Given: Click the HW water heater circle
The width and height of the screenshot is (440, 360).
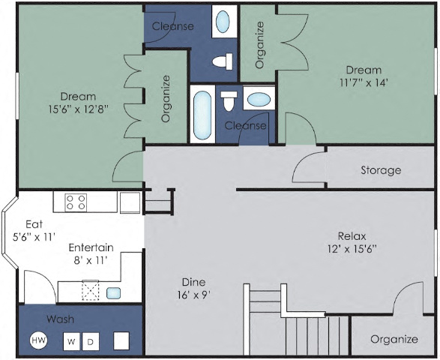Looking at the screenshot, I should click(37, 341).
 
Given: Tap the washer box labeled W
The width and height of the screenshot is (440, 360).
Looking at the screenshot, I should click(71, 342).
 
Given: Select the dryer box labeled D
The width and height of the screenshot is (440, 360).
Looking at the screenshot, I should click(90, 342).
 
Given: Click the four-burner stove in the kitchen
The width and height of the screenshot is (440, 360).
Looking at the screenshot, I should click(75, 202).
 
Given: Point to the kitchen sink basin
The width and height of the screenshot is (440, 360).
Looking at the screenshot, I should click(113, 293).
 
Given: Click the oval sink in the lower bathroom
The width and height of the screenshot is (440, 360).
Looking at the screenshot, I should click(259, 100).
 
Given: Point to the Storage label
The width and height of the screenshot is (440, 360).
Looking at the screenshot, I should click(380, 170).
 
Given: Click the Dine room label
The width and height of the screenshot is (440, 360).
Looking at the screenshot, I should click(193, 281).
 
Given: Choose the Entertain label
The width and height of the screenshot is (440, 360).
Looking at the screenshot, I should click(91, 247).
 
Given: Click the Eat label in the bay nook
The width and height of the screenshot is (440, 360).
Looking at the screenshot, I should click(34, 223).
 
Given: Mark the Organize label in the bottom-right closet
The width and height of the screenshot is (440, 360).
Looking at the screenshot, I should click(394, 339).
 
